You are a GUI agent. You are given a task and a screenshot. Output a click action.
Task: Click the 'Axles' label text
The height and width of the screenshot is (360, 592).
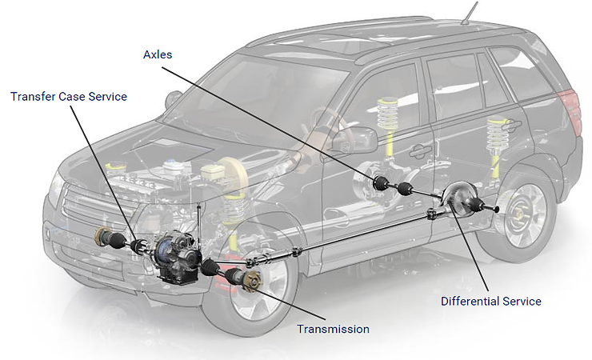[157, 55]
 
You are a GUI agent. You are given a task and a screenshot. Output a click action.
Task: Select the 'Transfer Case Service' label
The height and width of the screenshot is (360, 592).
[69, 97]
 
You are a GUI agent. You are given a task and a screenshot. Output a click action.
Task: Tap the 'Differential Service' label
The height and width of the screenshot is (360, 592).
[491, 302]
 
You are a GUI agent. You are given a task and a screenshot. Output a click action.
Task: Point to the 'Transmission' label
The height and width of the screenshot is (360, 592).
[333, 329]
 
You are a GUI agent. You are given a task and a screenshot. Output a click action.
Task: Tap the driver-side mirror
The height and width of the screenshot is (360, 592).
[172, 100]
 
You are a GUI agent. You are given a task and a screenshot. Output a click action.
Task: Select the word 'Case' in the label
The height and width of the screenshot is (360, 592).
[69, 97]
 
